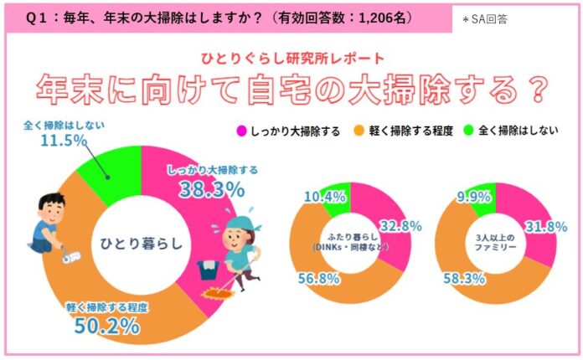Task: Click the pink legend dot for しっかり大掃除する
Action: click(x=241, y=131)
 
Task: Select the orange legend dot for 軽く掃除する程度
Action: click(x=356, y=131)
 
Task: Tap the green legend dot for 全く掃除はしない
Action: click(x=468, y=131)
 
